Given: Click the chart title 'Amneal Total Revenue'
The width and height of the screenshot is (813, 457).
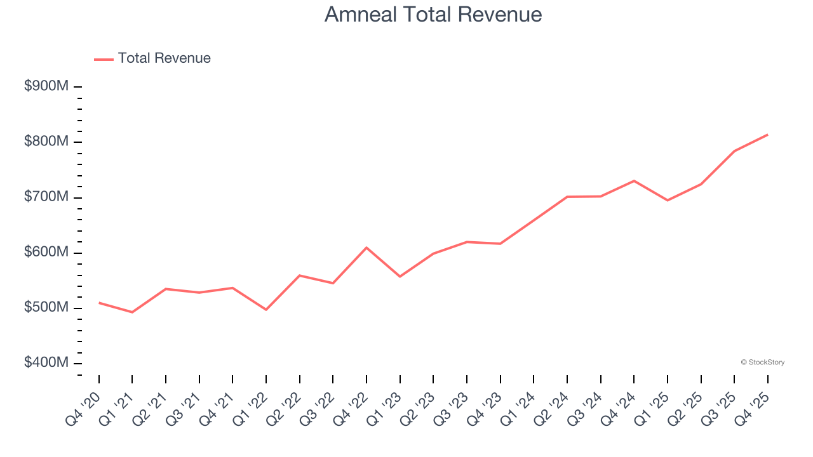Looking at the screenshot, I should point(433,14).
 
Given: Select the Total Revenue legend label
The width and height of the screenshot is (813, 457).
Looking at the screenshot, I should point(164,58).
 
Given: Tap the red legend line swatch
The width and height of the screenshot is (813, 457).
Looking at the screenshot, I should point(104,59).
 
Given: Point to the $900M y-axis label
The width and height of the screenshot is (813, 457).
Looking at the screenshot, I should point(46,86).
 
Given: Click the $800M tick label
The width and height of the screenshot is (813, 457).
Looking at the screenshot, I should point(46,142).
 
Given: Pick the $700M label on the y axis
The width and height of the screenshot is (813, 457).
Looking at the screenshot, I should point(46,197).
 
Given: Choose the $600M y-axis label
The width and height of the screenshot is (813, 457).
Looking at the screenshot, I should point(46,252).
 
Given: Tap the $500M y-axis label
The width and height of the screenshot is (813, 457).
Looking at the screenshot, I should point(46,308).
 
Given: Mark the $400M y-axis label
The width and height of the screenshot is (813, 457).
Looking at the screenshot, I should point(46,363).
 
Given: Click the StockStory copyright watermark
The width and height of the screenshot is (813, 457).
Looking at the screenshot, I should point(762,362).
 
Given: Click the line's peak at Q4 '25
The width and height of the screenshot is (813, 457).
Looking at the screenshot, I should point(767,135).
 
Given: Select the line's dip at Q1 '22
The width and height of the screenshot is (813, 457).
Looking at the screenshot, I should point(266,310).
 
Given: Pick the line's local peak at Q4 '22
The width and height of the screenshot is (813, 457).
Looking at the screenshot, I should point(366,248).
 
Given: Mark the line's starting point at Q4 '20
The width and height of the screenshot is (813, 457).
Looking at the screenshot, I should point(99,303).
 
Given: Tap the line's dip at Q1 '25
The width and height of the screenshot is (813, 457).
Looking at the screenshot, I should point(667,201).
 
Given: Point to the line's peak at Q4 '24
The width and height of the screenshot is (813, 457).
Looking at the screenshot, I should point(634,181).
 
